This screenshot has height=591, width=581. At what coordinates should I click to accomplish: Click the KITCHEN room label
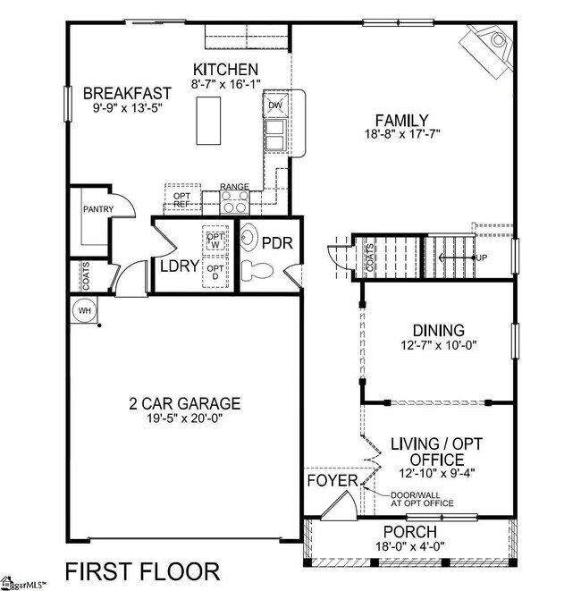pyautogui.click(x=226, y=70)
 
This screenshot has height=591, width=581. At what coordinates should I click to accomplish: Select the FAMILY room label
pyautogui.click(x=401, y=121)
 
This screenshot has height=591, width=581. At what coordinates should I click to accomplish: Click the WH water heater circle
pyautogui.click(x=86, y=310)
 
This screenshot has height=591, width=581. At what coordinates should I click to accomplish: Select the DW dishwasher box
pyautogui.click(x=275, y=105)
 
